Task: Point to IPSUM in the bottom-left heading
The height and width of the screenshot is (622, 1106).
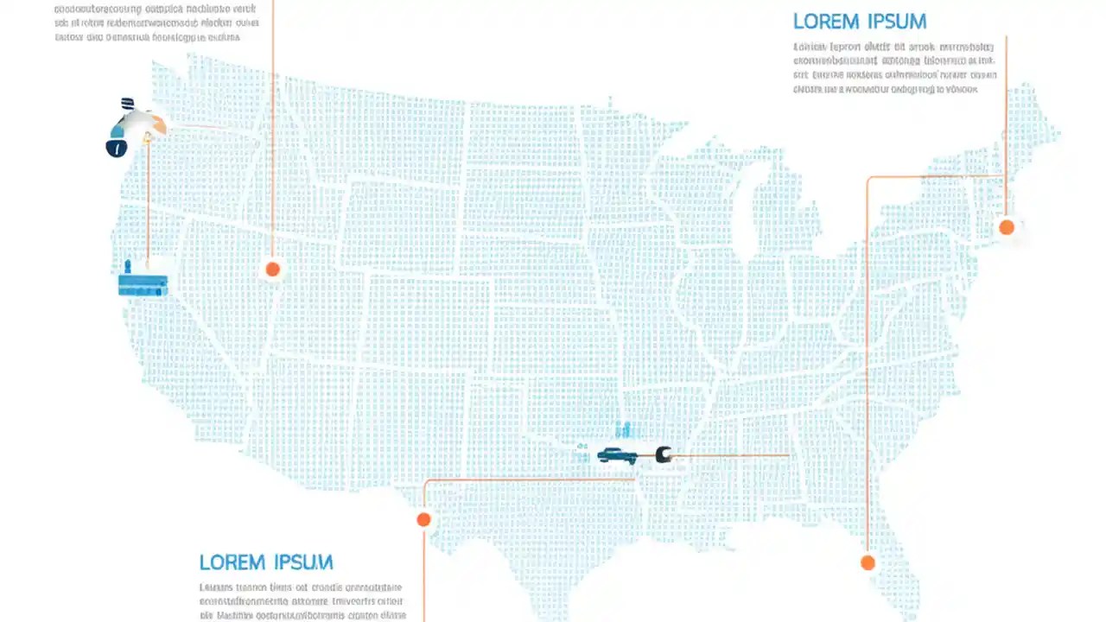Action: [x=303, y=562]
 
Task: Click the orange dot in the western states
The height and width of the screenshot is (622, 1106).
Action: [x=272, y=270]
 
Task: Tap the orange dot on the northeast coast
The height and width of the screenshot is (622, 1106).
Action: [x=1006, y=227]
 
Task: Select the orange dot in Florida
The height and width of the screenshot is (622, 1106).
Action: [x=868, y=563]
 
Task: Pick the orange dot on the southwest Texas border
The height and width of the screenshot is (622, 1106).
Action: [x=423, y=519]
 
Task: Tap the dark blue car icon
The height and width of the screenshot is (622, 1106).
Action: [x=617, y=455]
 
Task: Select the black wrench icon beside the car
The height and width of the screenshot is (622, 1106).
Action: [x=664, y=454]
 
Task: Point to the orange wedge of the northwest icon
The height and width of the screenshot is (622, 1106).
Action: [x=156, y=125]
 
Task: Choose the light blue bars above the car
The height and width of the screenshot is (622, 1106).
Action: [x=624, y=429]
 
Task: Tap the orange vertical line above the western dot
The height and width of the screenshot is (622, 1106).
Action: [x=272, y=130]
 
